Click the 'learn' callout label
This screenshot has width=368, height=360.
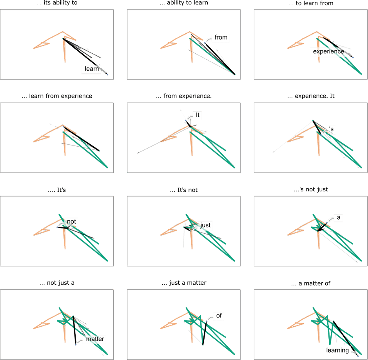(x=92, y=69)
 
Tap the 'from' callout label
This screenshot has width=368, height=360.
(x=221, y=38)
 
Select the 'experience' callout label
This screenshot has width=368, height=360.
(x=328, y=51)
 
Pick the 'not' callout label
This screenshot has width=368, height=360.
(x=71, y=222)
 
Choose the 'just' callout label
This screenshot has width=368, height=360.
(x=205, y=225)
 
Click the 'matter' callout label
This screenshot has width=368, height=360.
(x=95, y=339)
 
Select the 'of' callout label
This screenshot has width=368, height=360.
(x=218, y=316)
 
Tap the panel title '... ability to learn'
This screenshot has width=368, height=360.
(x=184, y=4)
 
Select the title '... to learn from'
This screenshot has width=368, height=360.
(x=312, y=4)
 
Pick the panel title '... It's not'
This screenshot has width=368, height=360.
(x=184, y=190)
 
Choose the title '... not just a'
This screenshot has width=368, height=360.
(x=57, y=283)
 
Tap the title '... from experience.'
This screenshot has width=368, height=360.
(x=184, y=96)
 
